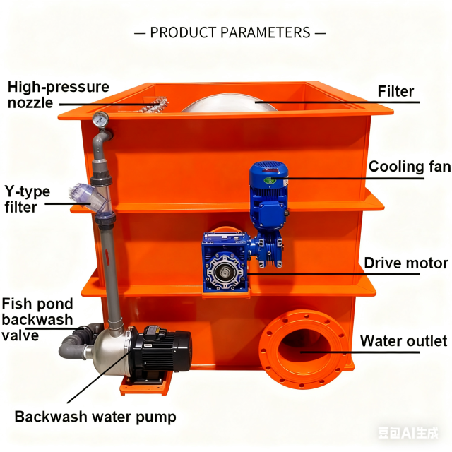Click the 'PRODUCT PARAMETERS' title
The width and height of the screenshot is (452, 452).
tap(230, 32)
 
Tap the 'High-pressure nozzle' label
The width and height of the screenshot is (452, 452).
tap(59, 95)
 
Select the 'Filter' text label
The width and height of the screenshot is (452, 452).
tap(395, 91)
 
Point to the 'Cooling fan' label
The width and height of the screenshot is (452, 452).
tap(410, 167)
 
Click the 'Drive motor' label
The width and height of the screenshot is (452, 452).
tap(406, 263)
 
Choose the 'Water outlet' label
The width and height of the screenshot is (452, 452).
tap(403, 340)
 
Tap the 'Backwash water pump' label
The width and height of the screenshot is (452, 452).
tap(95, 417)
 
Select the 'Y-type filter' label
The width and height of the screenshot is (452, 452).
tap(27, 199)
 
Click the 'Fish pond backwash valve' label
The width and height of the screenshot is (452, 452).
tap(37, 319)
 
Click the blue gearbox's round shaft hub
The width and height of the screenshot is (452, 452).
tap(225, 272)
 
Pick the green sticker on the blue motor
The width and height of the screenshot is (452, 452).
tap(270, 181)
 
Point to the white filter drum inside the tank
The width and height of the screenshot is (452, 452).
tap(229, 103)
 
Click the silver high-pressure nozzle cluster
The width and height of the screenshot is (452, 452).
tap(154, 105)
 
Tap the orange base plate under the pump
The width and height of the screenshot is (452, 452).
tap(146, 383)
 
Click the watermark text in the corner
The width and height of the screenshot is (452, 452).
tap(408, 433)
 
